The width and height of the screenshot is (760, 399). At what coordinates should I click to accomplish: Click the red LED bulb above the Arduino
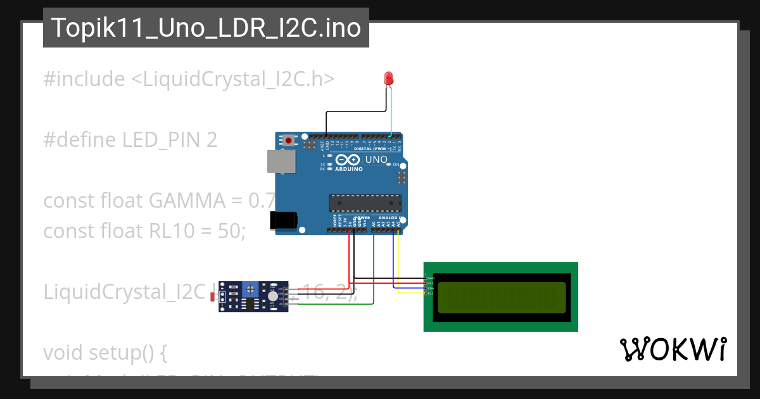(x=389, y=79)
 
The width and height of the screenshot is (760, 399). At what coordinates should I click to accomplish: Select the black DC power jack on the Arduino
(x=282, y=220)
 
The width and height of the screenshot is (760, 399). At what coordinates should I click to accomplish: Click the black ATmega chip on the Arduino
(x=365, y=203)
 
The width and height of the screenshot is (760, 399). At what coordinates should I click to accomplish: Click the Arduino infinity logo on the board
(x=348, y=160)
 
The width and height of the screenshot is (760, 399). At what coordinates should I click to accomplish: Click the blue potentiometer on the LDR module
(x=251, y=289)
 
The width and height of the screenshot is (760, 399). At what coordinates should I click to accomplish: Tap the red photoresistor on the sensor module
(x=214, y=296)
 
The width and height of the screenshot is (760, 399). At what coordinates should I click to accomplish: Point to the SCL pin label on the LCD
(x=429, y=293)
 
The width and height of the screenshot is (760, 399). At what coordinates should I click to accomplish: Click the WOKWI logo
(x=672, y=349)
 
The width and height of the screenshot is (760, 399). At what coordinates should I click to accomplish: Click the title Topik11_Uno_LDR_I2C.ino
(x=206, y=28)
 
